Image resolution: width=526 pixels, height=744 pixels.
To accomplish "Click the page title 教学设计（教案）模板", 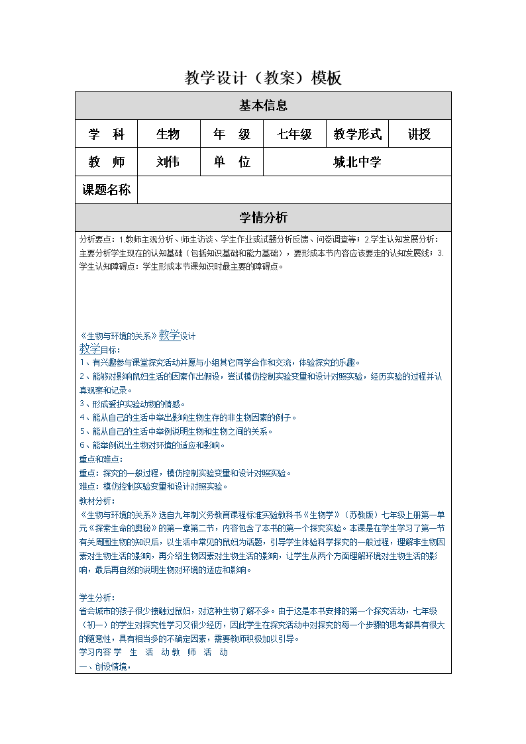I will pyautogui.click(x=263, y=78).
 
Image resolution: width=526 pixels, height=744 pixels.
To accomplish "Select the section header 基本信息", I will pyautogui.click(x=263, y=106).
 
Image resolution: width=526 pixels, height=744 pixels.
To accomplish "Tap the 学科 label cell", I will pyautogui.click(x=106, y=134).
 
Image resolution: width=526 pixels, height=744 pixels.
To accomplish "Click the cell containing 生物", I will pyautogui.click(x=168, y=134).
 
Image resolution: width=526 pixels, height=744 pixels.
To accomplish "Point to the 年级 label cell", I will pyautogui.click(x=232, y=134).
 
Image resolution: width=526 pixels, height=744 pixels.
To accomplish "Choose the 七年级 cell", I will pyautogui.click(x=295, y=134).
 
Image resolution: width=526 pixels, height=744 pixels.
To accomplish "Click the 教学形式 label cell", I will pyautogui.click(x=358, y=134).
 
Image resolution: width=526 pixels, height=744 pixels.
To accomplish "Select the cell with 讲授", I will pyautogui.click(x=419, y=134).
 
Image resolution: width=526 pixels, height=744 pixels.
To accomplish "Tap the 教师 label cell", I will pyautogui.click(x=106, y=162).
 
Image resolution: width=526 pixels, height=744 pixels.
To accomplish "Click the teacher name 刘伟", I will pyautogui.click(x=168, y=162).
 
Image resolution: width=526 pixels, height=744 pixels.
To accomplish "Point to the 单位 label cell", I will pyautogui.click(x=232, y=162).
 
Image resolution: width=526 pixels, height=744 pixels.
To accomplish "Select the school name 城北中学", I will pyautogui.click(x=357, y=162).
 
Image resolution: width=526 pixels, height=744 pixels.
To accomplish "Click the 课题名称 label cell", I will pyautogui.click(x=106, y=190).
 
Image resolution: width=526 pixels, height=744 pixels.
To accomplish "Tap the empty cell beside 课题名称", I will pyautogui.click(x=294, y=190).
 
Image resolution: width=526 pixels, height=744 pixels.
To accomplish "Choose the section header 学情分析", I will pyautogui.click(x=263, y=218).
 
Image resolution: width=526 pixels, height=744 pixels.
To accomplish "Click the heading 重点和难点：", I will pyautogui.click(x=101, y=459).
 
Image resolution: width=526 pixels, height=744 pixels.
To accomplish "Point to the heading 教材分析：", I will pyautogui.click(x=97, y=501).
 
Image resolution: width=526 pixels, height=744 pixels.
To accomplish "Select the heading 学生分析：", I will pyautogui.click(x=97, y=598).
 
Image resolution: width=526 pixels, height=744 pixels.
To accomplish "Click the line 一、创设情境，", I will pyautogui.click(x=105, y=667).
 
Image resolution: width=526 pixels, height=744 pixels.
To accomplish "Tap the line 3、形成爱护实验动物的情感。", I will pyautogui.click(x=132, y=403).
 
